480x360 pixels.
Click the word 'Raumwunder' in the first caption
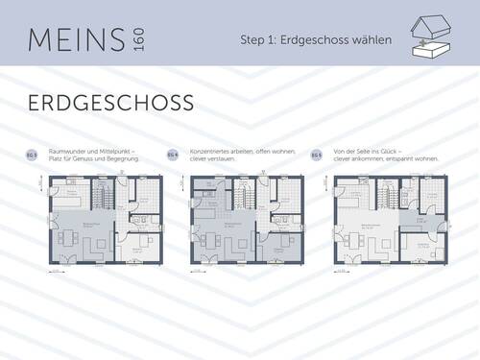pos(63,151)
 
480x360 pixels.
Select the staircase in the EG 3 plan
pos(103,198)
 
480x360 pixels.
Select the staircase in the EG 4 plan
pos(246,197)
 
